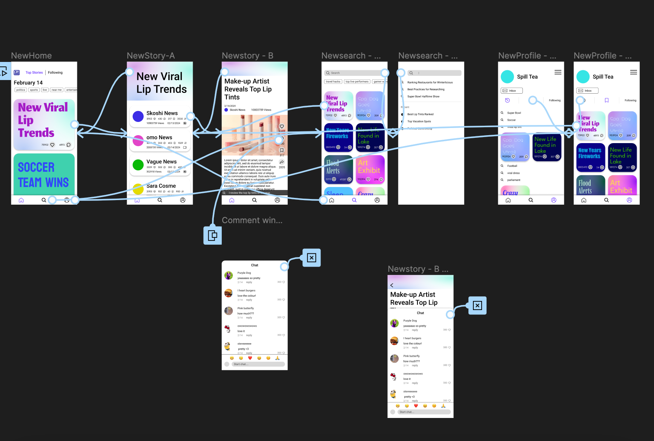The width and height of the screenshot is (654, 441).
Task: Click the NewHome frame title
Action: tap(31, 56)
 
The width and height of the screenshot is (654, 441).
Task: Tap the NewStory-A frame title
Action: tap(150, 56)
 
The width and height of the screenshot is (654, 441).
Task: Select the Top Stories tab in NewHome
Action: tap(34, 72)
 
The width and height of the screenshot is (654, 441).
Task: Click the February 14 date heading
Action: tap(28, 83)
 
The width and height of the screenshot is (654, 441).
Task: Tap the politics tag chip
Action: tap(21, 90)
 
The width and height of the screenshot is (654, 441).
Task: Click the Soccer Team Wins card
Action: tap(44, 174)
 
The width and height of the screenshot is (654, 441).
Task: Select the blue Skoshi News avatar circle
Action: tap(138, 116)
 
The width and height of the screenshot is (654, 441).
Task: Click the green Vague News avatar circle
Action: tap(138, 165)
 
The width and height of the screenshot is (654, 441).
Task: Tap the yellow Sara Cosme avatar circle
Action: tap(138, 188)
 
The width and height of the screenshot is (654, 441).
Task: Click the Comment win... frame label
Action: tap(252, 220)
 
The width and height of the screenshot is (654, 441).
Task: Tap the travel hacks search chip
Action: tap(333, 82)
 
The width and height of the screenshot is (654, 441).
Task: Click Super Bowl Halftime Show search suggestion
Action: tap(423, 97)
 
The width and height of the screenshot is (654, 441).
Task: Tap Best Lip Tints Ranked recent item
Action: tap(420, 114)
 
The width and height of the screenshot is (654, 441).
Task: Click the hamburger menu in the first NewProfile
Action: tap(558, 72)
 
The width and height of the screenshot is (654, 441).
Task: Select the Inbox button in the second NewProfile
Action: tap(587, 91)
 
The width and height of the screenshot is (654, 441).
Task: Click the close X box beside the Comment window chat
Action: tap(312, 258)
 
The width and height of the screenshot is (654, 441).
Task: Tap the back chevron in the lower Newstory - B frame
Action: tap(392, 285)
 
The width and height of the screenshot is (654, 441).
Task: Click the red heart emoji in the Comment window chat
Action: tap(250, 358)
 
